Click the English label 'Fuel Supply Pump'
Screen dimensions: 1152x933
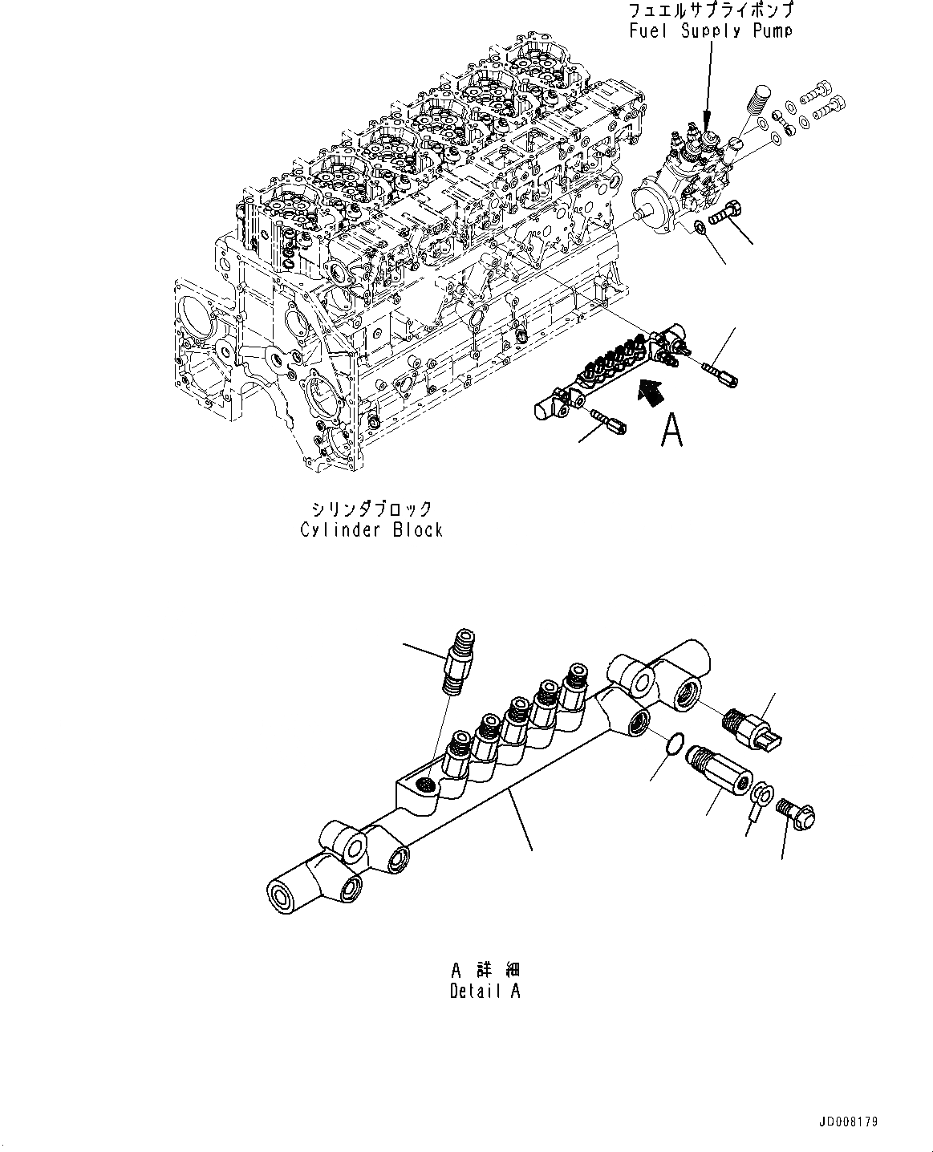pos(712,31)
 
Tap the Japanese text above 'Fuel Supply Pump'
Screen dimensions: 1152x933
pos(712,11)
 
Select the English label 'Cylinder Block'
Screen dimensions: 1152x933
pos(371,529)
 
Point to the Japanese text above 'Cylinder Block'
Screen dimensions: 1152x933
pos(371,509)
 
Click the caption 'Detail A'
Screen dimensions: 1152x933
pos(485,991)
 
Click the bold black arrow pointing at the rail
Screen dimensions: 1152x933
pos(651,391)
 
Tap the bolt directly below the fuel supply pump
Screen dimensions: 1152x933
pos(726,214)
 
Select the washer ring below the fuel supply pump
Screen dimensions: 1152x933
pos(700,229)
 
